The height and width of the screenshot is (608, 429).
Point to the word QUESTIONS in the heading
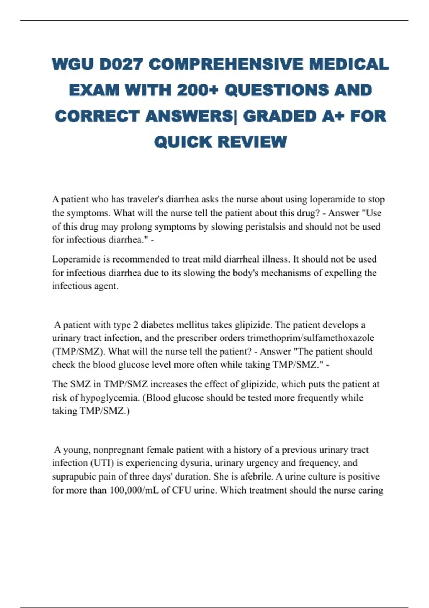275,90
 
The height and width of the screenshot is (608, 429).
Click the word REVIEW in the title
252,142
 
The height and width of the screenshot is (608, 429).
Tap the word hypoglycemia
109,398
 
